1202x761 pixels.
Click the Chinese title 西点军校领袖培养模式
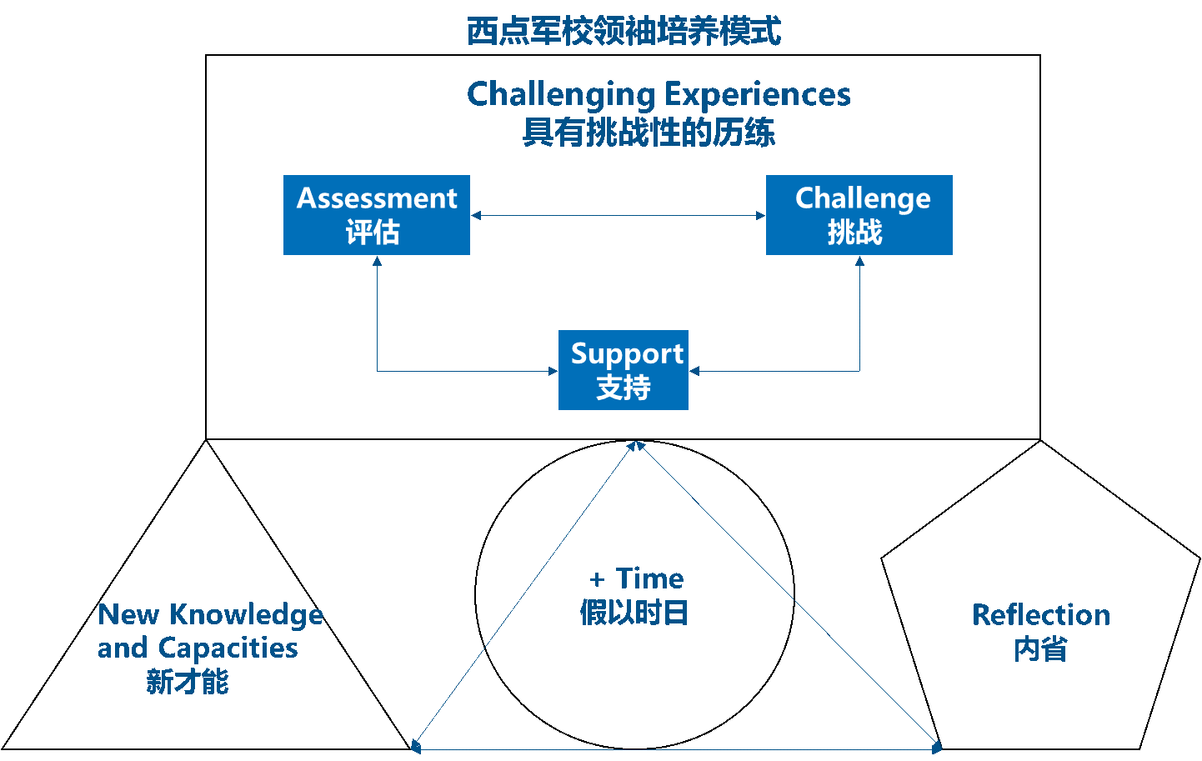pos(624,32)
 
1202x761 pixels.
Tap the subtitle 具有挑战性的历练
pos(649,132)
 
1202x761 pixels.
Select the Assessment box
pos(377,214)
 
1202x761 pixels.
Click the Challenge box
pos(859,214)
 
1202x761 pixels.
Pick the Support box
pos(624,369)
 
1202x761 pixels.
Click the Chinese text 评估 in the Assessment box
pos(373,233)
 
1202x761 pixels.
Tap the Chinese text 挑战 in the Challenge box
pos(854,233)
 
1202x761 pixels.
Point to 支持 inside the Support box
pos(624,388)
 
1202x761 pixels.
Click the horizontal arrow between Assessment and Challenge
pos(618,216)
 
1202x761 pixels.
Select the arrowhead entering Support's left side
pos(553,371)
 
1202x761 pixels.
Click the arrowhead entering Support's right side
pos(694,371)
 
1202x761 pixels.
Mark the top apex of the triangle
pos(636,445)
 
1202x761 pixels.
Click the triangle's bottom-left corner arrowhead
pos(417,746)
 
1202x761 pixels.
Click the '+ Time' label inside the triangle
pos(637,578)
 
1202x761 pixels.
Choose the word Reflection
pos(1041,615)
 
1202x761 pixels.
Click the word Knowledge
pos(246,615)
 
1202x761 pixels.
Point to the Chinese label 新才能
pos(188,682)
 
